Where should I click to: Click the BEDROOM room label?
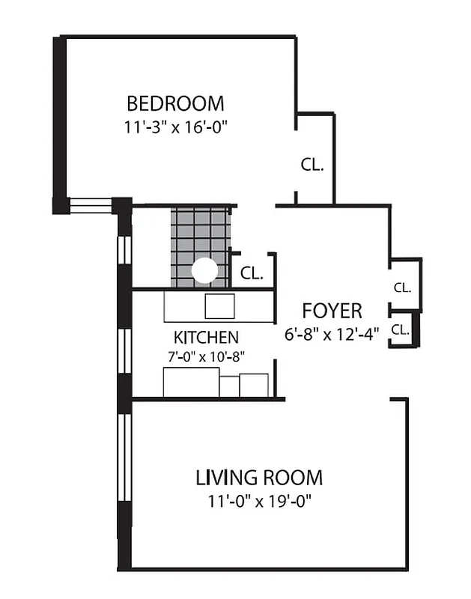175,103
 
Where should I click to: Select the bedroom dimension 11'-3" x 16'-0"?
175,127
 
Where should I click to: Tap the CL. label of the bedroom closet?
312,165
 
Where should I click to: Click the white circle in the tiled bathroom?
204,271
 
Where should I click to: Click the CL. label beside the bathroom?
252,274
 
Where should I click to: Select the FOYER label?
332,311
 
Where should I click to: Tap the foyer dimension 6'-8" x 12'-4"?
332,335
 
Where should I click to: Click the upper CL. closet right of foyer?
402,287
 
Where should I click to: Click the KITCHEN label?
206,337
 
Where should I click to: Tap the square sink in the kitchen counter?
220,305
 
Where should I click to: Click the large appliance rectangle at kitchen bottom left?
191,383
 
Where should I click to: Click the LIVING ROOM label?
259,477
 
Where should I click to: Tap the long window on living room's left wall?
124,472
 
